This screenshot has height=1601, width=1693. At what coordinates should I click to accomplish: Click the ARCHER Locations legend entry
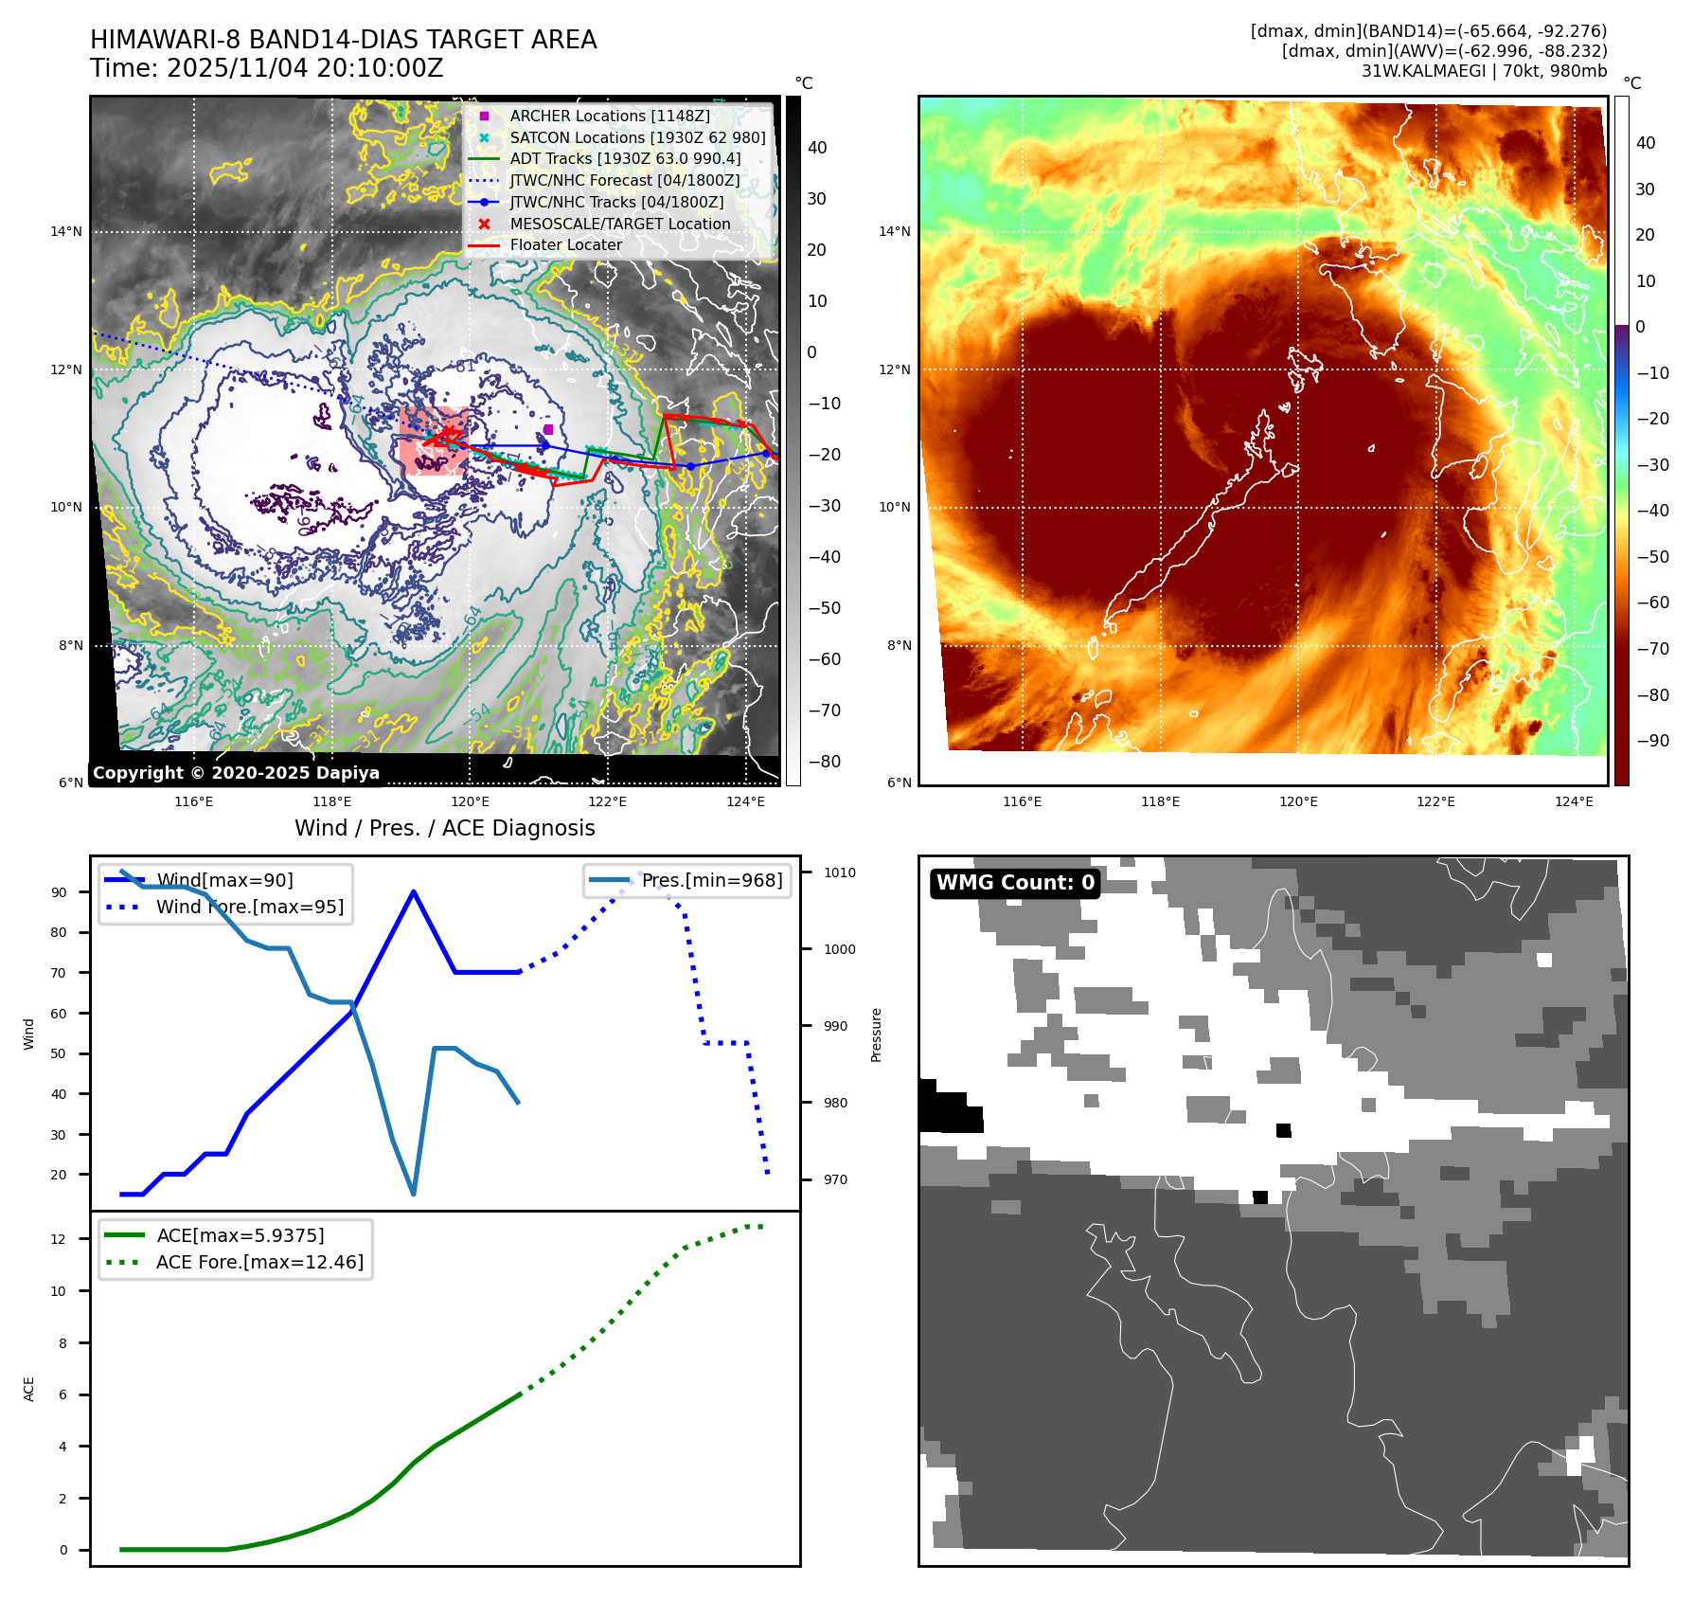click(609, 116)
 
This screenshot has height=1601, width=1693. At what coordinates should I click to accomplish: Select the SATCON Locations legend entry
click(637, 137)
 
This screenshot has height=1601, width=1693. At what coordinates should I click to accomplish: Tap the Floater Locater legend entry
click(565, 244)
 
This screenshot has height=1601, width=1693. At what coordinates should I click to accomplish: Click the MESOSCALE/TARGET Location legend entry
click(619, 224)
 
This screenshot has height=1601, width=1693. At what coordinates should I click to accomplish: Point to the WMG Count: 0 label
click(1015, 883)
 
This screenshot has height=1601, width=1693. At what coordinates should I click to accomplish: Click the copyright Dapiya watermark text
click(236, 773)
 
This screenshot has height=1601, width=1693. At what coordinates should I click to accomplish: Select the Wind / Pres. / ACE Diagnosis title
click(444, 828)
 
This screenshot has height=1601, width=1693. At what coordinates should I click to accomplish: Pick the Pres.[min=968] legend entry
click(711, 880)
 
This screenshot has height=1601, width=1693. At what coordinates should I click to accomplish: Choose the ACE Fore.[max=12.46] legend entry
click(259, 1262)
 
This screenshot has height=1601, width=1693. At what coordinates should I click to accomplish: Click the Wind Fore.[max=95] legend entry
click(249, 907)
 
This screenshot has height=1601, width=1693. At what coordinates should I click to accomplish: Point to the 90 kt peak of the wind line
click(414, 891)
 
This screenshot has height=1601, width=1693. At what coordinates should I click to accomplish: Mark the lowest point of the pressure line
click(414, 1194)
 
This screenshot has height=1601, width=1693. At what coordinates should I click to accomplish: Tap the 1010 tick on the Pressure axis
click(839, 872)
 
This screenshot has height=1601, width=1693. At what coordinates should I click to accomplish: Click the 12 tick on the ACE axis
click(59, 1239)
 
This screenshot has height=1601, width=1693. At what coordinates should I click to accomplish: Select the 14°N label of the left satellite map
click(66, 231)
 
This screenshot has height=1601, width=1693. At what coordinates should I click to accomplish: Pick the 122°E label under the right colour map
click(1435, 801)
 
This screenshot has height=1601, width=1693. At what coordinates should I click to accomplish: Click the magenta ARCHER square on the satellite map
click(548, 429)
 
